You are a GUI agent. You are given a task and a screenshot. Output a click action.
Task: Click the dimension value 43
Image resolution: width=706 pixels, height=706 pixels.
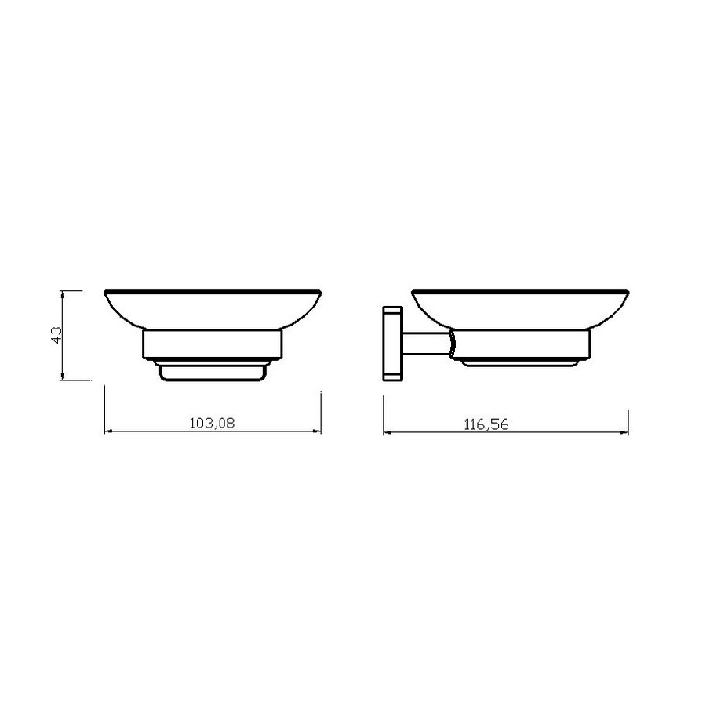click(56, 335)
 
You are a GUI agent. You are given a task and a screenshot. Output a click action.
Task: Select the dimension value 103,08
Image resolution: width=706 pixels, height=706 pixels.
click(212, 424)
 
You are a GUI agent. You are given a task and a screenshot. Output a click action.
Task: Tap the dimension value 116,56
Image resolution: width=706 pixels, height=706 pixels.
click(486, 424)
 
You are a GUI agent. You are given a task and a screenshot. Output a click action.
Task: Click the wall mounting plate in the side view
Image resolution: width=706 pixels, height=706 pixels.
click(392, 344)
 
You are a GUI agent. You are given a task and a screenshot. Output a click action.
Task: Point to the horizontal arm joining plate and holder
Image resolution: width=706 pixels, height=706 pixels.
click(426, 345)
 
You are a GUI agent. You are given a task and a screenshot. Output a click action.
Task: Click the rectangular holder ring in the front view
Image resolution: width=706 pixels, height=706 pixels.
click(213, 344)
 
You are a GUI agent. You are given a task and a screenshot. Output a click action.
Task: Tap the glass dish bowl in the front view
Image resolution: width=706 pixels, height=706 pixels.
click(213, 309)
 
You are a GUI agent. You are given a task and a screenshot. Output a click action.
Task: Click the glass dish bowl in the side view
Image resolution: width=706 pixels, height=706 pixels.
click(520, 309)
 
